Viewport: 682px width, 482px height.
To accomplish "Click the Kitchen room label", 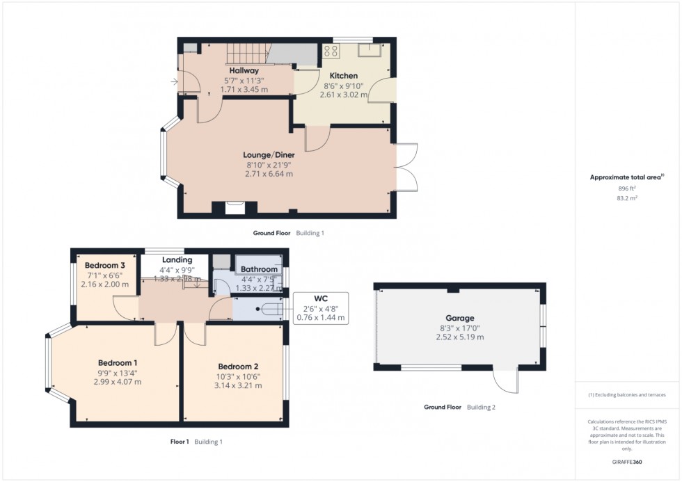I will pyautogui.click(x=343, y=76).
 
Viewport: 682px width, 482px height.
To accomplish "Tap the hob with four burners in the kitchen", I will pyautogui.click(x=331, y=50).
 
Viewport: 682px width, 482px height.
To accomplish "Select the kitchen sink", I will pyautogui.click(x=369, y=49).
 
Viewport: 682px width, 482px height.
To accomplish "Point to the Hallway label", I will pyautogui.click(x=244, y=70).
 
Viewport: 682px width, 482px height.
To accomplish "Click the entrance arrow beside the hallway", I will pyautogui.click(x=173, y=82).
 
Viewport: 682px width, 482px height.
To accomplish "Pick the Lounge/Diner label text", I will pyautogui.click(x=269, y=154).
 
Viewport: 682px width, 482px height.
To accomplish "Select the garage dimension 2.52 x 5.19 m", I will pyautogui.click(x=459, y=337).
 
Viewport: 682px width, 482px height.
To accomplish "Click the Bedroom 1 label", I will pyautogui.click(x=117, y=362).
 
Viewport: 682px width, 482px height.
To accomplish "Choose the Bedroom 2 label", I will pyautogui.click(x=238, y=367).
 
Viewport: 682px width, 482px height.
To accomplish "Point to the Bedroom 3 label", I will pyautogui.click(x=105, y=265).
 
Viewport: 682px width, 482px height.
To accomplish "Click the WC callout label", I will pyautogui.click(x=320, y=300).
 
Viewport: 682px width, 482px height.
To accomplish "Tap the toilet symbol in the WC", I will pyautogui.click(x=268, y=307).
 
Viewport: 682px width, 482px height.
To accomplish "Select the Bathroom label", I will pyautogui.click(x=259, y=269).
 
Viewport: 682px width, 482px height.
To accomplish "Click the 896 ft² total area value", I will pyautogui.click(x=627, y=188).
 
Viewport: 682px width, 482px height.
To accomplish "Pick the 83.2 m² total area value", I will pyautogui.click(x=627, y=198).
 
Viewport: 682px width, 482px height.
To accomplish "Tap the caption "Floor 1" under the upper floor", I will pyautogui.click(x=180, y=442).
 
